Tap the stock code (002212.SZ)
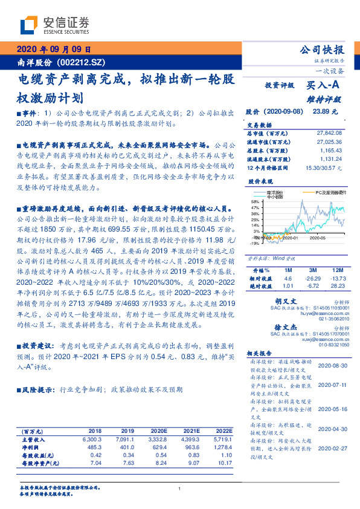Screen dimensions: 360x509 click(x=82, y=62)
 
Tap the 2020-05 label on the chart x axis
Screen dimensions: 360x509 click(x=318, y=239)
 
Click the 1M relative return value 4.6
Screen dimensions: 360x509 click(x=287, y=277)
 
